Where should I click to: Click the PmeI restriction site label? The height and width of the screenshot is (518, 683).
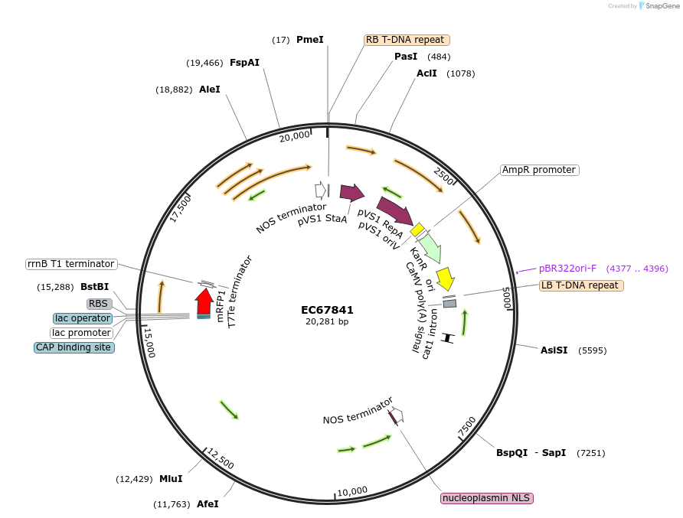point(309,39)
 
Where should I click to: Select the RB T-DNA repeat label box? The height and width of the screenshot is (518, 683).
point(406,40)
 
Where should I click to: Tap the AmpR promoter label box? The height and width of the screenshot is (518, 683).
point(539,170)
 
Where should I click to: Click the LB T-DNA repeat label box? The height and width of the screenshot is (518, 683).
point(580,285)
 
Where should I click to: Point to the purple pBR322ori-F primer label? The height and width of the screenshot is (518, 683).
point(567,269)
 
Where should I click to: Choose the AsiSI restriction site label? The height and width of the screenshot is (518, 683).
point(554,350)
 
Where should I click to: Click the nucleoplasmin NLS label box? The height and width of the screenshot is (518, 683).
point(486,498)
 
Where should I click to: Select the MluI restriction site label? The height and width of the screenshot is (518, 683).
point(171,479)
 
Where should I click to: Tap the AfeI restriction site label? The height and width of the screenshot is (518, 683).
point(208,504)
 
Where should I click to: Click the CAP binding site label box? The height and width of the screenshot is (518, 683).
point(74,347)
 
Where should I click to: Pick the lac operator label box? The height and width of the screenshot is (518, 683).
point(82,318)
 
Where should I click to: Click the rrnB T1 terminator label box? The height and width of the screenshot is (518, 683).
point(70,264)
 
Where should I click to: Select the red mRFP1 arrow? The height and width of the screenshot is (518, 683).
point(204,301)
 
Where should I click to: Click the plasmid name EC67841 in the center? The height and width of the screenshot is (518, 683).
point(327,310)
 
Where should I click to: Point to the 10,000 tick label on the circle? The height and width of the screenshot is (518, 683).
point(352,491)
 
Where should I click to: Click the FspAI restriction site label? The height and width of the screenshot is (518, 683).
point(244,63)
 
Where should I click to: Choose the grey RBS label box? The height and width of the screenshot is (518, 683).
point(99,304)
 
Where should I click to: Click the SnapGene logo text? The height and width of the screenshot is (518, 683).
point(662,6)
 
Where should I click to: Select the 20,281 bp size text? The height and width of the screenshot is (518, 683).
point(327,321)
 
